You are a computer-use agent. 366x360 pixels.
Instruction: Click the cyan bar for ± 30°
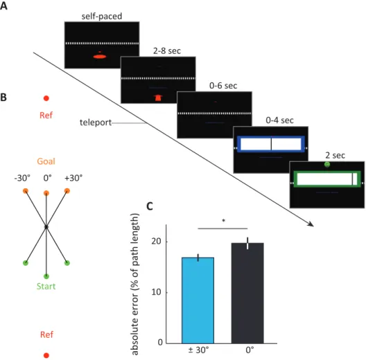(x=198, y=300)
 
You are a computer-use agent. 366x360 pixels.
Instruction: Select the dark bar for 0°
(x=247, y=293)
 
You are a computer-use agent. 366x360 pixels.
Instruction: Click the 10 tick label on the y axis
(x=157, y=292)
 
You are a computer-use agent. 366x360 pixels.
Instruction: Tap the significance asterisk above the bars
(x=223, y=220)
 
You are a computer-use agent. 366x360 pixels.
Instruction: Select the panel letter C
(x=150, y=206)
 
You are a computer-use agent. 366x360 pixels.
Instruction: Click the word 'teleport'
(x=96, y=123)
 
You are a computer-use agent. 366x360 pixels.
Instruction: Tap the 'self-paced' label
(x=102, y=17)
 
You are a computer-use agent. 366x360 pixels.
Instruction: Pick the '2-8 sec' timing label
(x=167, y=51)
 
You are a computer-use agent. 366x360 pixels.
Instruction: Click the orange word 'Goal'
(x=46, y=161)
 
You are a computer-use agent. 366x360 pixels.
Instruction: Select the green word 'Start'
(x=46, y=286)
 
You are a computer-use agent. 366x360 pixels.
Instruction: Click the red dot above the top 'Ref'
(x=46, y=98)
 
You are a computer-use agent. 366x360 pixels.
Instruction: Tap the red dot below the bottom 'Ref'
(x=46, y=355)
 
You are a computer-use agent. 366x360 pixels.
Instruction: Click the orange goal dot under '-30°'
(x=26, y=191)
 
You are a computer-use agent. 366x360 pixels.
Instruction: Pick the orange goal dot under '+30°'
(x=67, y=191)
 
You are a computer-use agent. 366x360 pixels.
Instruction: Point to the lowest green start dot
(x=46, y=276)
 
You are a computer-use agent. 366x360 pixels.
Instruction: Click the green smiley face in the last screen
(x=327, y=164)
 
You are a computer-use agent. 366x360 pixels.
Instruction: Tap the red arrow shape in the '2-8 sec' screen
(x=158, y=98)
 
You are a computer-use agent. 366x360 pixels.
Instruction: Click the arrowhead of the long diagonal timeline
(x=311, y=224)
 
